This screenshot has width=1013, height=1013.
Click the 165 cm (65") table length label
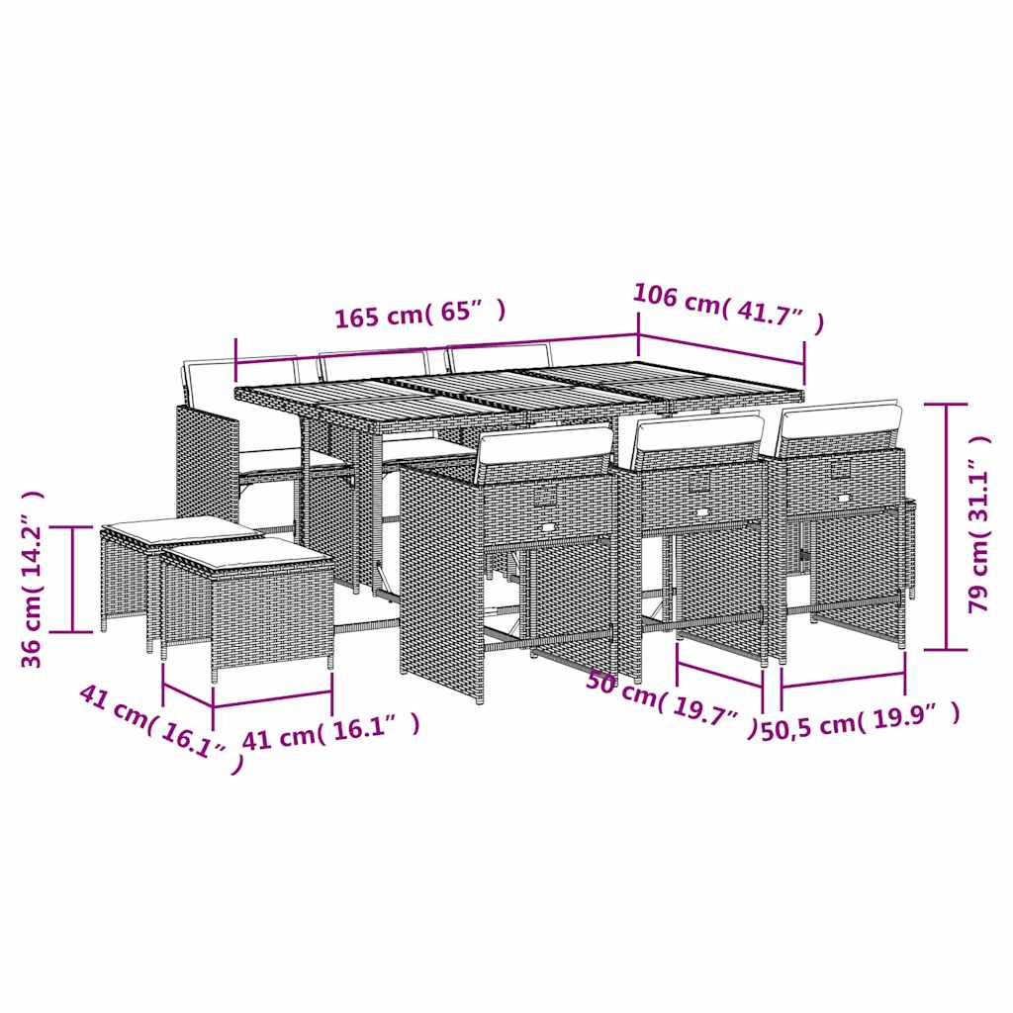419,314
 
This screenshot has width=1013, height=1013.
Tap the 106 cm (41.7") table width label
728,309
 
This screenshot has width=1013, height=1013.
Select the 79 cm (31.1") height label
978,524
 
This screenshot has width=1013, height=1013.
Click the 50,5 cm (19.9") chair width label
861,721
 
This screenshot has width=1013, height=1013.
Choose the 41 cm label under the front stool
330,733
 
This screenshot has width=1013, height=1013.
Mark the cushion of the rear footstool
181,528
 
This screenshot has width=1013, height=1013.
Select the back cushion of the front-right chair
840,422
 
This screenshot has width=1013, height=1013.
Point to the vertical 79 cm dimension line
947,526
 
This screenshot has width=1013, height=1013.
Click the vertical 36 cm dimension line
73,579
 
